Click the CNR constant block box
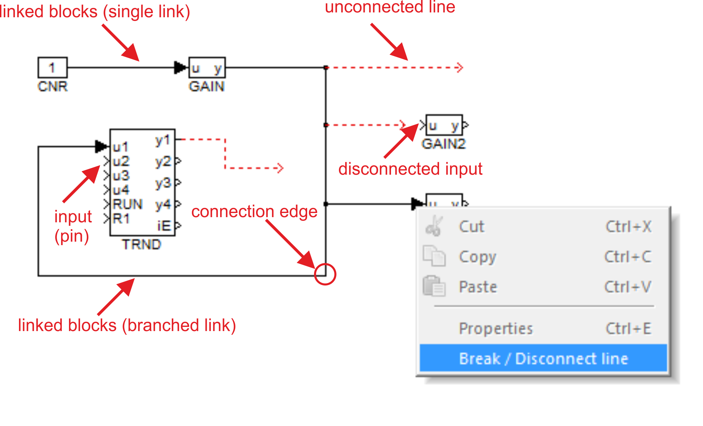(x=52, y=67)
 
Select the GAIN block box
(x=207, y=68)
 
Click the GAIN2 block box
(x=444, y=125)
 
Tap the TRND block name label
(x=141, y=244)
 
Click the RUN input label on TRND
(x=127, y=204)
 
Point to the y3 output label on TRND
(x=163, y=183)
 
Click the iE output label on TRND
(x=164, y=226)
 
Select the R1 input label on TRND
(x=121, y=219)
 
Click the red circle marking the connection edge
(x=325, y=274)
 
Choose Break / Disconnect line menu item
(x=543, y=358)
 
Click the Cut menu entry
(x=471, y=227)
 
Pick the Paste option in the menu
(x=478, y=287)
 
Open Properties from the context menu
(x=496, y=328)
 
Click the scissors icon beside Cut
(x=434, y=226)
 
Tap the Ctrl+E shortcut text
(x=628, y=328)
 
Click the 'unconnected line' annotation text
(x=390, y=7)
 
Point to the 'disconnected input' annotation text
(x=410, y=169)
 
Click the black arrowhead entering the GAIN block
(x=180, y=68)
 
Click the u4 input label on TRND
(x=121, y=190)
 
